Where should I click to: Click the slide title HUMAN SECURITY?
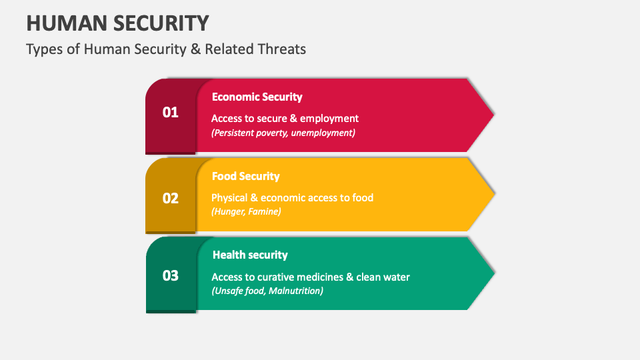click(x=117, y=23)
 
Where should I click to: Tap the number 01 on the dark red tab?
click(x=171, y=112)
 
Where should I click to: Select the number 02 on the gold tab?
click(x=171, y=198)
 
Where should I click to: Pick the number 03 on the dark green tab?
click(x=171, y=275)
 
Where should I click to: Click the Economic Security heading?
click(x=257, y=97)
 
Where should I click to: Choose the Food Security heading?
click(x=245, y=176)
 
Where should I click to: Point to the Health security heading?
click(x=250, y=255)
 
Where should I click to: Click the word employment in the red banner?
click(x=329, y=118)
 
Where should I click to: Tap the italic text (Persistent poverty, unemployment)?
click(x=283, y=133)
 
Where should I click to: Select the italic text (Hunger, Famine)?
click(x=246, y=211)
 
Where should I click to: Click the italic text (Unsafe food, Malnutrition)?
click(x=267, y=291)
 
